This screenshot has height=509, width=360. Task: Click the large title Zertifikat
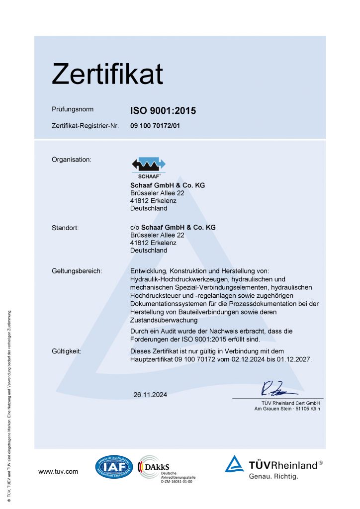click(107, 74)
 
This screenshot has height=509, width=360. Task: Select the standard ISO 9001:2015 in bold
click(163, 111)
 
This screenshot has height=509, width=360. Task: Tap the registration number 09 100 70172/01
click(155, 126)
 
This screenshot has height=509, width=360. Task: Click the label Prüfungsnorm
click(73, 109)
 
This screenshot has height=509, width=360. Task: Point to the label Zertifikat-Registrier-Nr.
click(85, 126)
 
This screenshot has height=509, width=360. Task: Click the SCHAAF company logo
click(148, 167)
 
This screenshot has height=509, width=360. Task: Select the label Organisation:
click(72, 160)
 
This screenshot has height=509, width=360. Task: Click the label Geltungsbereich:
click(77, 271)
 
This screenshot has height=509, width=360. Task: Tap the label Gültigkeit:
click(67, 351)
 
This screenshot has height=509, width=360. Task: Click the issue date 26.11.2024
click(150, 395)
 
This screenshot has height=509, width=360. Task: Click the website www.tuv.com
click(58, 471)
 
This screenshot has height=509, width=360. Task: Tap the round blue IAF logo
click(114, 467)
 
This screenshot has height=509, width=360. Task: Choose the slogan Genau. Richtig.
click(273, 477)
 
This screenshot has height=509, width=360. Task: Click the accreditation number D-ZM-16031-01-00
click(176, 481)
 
